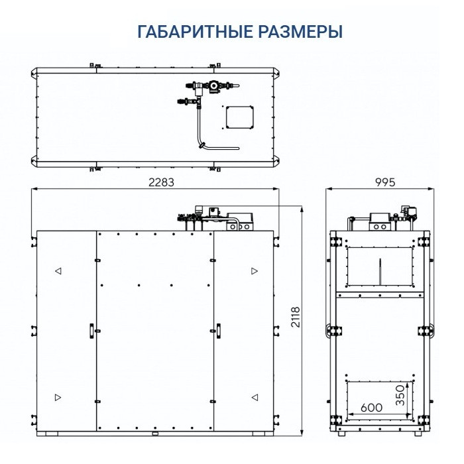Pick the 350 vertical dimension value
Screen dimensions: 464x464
click(399, 396)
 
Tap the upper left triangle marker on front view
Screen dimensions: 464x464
click(58, 270)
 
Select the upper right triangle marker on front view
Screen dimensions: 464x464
click(254, 270)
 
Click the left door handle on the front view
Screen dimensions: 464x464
click(89, 330)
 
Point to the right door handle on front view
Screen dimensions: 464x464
click(217, 330)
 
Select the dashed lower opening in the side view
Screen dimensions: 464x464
click(380, 400)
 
